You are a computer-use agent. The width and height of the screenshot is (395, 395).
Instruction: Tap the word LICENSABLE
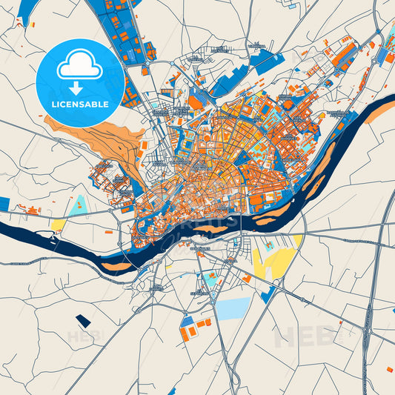click(80, 104)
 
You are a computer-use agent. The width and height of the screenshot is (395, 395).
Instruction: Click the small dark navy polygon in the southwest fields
click(82, 321)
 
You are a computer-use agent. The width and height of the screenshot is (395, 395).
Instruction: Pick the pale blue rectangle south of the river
click(233, 308)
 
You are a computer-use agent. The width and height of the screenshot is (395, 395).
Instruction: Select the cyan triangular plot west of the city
click(77, 205)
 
